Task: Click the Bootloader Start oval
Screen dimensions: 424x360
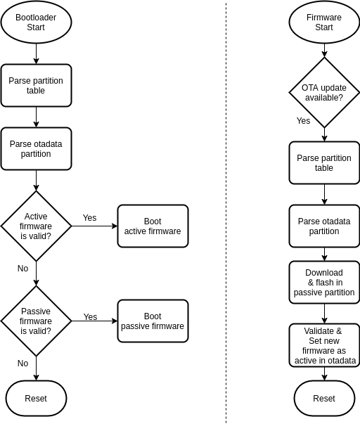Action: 36,23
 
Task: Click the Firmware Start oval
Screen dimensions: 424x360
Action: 324,23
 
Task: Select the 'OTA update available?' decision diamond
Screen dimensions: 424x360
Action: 324,92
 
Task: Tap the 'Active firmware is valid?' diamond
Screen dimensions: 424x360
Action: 36,226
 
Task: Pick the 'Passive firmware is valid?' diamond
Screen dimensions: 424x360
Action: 36,321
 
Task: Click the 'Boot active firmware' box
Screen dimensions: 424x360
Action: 153,226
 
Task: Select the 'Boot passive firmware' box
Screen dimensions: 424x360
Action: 153,321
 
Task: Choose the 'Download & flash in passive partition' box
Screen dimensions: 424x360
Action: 324,282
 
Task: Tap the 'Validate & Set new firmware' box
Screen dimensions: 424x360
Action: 324,345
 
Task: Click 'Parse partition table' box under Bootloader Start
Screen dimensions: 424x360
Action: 36,86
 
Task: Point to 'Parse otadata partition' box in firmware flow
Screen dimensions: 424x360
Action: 324,226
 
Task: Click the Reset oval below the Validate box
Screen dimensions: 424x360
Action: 324,399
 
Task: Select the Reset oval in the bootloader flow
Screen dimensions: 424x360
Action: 36,399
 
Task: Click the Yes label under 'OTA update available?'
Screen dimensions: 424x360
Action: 303,121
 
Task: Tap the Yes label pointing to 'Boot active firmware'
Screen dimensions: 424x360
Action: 89,218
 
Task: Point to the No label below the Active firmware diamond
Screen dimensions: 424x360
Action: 22,269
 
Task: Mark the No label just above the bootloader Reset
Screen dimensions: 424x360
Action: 22,364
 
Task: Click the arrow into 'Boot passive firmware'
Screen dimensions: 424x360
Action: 94,321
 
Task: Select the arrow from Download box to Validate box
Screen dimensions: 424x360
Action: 324,314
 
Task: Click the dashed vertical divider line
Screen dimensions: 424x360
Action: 226,211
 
